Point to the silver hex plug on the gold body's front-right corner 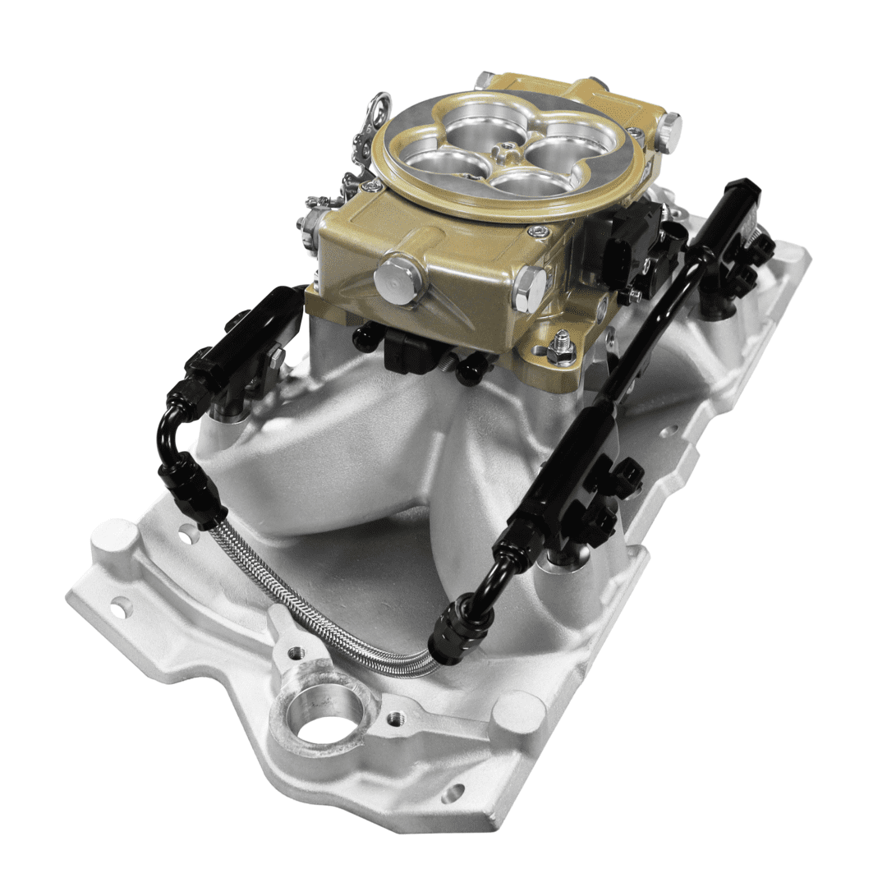point(530,287)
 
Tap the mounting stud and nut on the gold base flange point(562,345)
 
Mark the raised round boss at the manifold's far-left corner point(107,538)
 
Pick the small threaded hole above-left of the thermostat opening point(295,654)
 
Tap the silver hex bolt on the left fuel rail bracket point(275,357)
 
